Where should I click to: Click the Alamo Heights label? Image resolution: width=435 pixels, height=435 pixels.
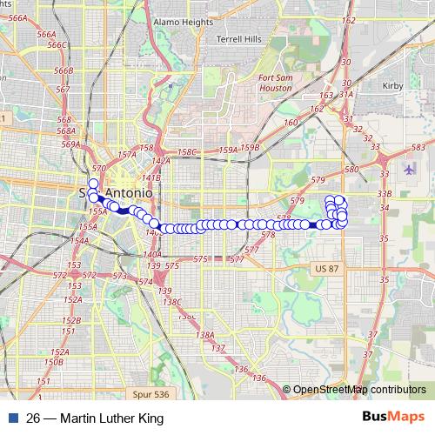point(177,21)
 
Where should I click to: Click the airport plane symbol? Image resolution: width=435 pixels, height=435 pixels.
point(410,168)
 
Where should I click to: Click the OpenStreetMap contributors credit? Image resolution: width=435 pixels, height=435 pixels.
point(359,390)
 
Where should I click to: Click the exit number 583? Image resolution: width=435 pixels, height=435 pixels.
point(418,149)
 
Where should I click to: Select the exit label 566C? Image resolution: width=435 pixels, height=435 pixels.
point(57,44)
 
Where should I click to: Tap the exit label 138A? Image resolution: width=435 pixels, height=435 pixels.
point(205,335)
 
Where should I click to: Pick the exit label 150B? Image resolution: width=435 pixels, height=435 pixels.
point(54,362)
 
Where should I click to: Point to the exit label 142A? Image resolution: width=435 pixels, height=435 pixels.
point(159,161)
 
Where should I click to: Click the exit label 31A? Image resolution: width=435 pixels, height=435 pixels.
point(345,94)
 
